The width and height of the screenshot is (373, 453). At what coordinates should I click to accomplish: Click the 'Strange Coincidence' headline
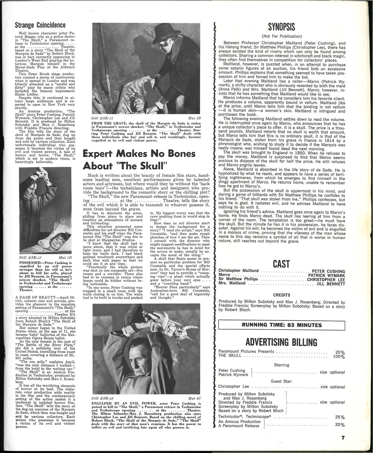click(40, 25)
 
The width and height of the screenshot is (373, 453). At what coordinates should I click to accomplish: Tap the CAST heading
click(281, 264)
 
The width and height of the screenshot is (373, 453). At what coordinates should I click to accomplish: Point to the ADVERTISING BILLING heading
click(281, 342)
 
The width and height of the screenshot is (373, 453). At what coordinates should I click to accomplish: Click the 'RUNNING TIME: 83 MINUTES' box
click(282, 325)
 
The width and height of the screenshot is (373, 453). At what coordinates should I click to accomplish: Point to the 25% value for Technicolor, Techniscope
click(340, 417)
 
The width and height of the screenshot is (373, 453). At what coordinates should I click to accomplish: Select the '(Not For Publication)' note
click(282, 36)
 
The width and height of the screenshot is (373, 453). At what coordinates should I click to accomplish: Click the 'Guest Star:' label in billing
click(281, 381)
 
